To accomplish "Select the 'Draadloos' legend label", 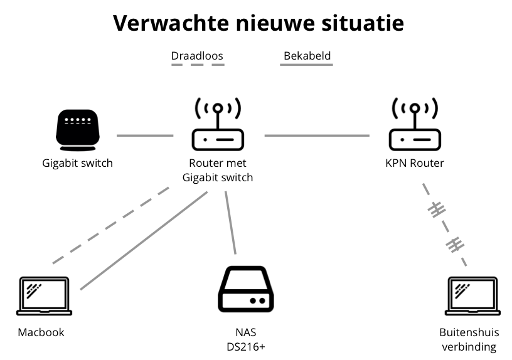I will point(197,56).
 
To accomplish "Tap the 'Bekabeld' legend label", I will point(307,56).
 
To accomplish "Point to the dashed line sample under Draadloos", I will point(197,65).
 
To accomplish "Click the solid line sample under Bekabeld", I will point(307,65).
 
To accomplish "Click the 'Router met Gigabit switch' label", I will point(218,170).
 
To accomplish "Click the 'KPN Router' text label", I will point(414,163).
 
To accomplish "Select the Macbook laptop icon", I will point(44,296).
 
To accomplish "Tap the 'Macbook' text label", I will point(41,332).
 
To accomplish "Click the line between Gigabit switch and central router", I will point(144,135).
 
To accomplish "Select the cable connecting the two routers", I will point(317,135).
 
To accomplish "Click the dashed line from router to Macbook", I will point(110,225).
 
